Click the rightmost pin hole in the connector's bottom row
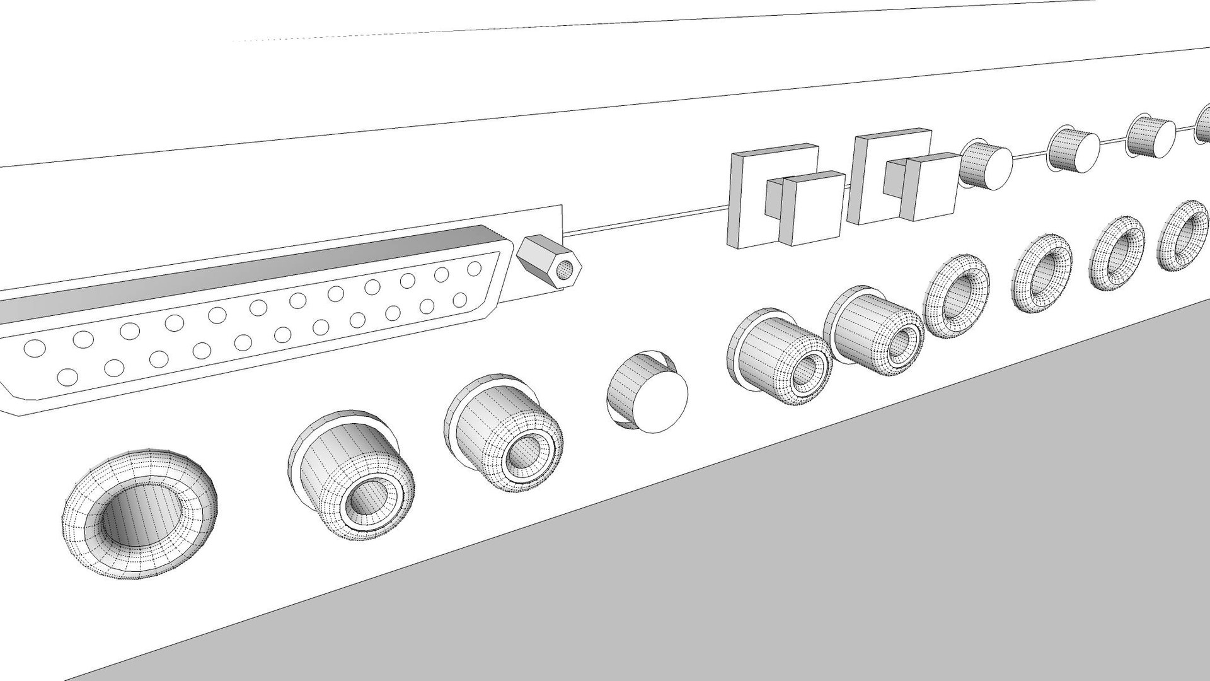(460, 300)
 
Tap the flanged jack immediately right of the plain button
(779, 356)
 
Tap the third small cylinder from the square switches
(1149, 136)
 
